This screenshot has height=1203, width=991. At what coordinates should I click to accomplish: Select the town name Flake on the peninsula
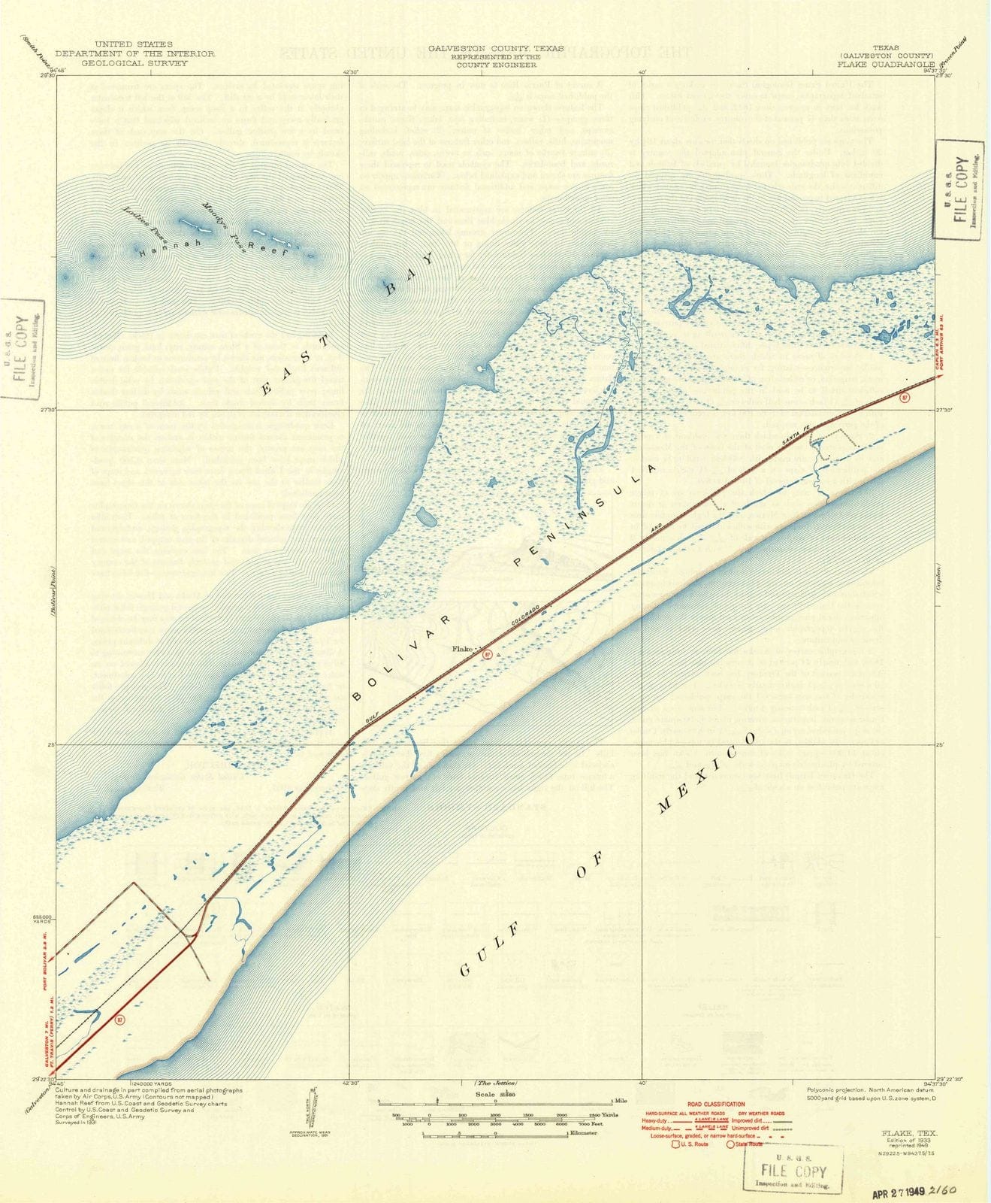coord(461,649)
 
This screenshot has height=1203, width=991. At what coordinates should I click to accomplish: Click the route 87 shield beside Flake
coord(488,655)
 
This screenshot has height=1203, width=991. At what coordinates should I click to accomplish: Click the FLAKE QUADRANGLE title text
coord(886,65)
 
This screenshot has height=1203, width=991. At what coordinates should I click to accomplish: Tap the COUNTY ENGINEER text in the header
coord(496,65)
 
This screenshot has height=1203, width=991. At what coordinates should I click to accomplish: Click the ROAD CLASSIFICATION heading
coord(715,1105)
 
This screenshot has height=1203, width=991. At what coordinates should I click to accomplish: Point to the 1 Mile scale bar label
coord(620,1101)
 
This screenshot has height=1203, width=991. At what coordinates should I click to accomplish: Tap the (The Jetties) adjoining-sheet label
coord(495,1083)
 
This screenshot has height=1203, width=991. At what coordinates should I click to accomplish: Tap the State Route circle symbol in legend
coord(731,1144)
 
